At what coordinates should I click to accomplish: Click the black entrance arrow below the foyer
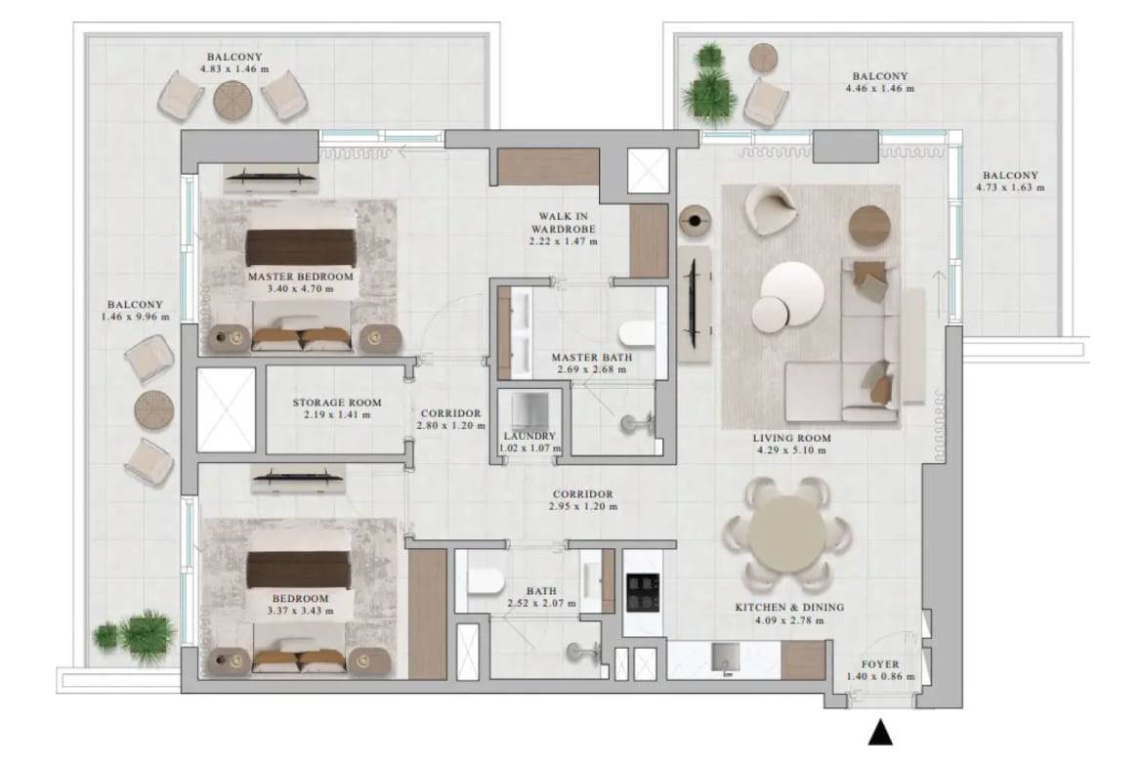click(x=880, y=733)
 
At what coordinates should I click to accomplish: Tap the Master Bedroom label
click(x=300, y=277)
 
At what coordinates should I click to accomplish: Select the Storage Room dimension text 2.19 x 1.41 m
click(x=337, y=415)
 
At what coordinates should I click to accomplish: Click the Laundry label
click(x=529, y=436)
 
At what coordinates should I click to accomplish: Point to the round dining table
click(x=786, y=534)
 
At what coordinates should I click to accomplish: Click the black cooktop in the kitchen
click(x=643, y=592)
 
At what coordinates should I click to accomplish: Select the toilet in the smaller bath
click(x=485, y=581)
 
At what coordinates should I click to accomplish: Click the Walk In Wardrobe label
click(x=564, y=223)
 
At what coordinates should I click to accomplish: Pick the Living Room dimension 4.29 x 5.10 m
click(x=791, y=450)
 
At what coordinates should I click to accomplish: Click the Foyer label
click(x=880, y=664)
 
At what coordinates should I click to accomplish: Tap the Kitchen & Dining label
click(x=789, y=607)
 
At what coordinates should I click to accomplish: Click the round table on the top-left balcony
click(x=233, y=101)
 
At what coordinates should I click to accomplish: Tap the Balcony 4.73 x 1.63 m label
click(x=1009, y=182)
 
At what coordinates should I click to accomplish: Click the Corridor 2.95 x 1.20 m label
click(x=582, y=499)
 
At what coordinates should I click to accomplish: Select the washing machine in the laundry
click(x=529, y=412)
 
